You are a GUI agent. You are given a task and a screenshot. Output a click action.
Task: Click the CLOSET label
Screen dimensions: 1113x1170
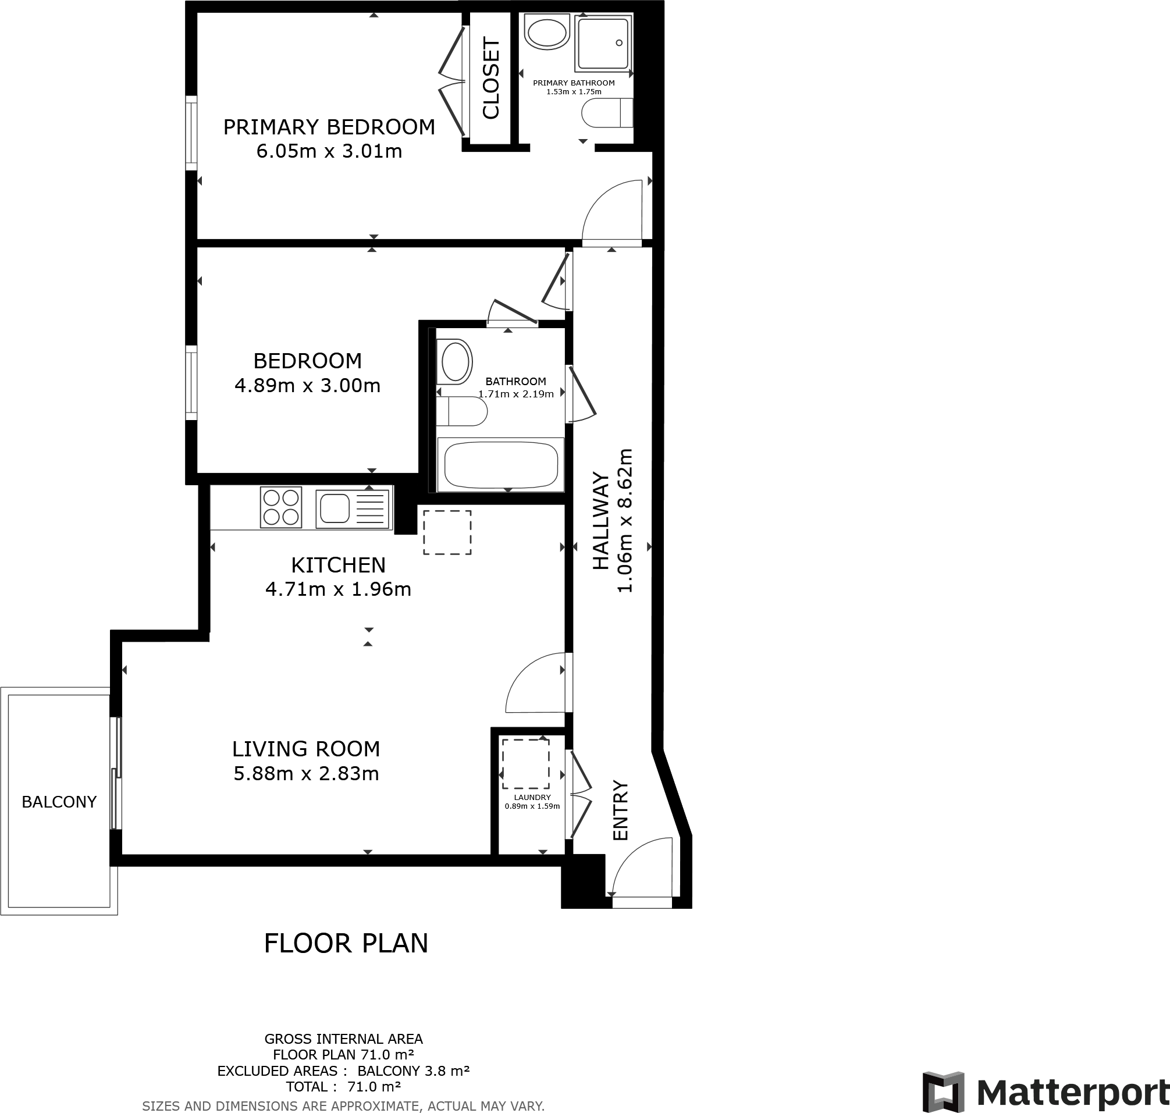[491, 78]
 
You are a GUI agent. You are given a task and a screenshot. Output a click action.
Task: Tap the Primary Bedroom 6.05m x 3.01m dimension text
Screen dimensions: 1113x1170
[329, 151]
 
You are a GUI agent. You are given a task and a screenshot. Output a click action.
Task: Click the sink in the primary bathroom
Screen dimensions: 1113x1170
[546, 33]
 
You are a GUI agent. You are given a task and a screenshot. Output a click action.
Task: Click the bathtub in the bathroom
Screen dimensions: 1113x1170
[500, 465]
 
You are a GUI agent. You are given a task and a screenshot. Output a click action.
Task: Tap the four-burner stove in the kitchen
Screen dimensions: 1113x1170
[280, 507]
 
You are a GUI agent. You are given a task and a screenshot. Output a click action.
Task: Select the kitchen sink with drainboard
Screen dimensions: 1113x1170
[353, 508]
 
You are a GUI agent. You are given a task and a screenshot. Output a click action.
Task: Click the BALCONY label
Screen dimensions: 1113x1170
[59, 802]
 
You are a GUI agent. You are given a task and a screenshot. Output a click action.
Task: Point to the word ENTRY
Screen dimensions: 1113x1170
[620, 810]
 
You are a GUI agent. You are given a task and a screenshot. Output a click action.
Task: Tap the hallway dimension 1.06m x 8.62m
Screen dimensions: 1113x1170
[625, 520]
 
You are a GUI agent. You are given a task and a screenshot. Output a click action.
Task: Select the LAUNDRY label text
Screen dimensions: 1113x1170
[532, 798]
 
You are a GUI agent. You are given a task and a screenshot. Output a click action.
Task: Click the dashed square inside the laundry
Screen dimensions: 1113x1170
[525, 763]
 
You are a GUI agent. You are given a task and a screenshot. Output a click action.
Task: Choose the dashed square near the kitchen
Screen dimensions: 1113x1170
[447, 532]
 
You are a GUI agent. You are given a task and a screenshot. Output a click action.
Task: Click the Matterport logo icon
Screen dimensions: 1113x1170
[943, 1092]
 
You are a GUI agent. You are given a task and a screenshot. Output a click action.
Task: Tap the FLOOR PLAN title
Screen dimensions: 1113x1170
[346, 943]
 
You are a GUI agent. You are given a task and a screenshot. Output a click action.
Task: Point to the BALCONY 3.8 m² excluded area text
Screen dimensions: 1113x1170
[414, 1071]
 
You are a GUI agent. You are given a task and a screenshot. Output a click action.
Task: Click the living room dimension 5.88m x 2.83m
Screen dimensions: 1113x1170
[305, 774]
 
